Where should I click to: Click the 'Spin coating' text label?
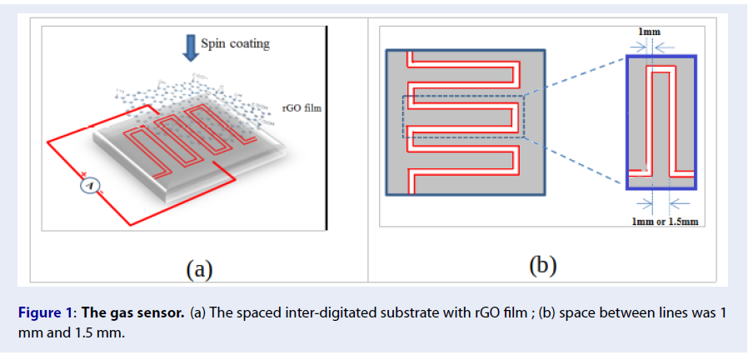(235, 43)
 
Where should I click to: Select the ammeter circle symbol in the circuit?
(90, 185)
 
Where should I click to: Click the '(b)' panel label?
(543, 266)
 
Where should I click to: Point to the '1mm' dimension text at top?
(650, 32)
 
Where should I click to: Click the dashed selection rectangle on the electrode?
(463, 116)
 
